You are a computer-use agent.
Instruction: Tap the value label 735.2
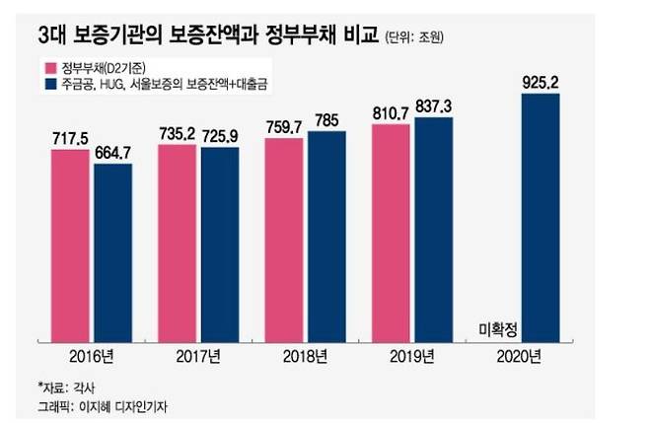tap(179, 134)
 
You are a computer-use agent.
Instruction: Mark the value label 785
tap(326, 120)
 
